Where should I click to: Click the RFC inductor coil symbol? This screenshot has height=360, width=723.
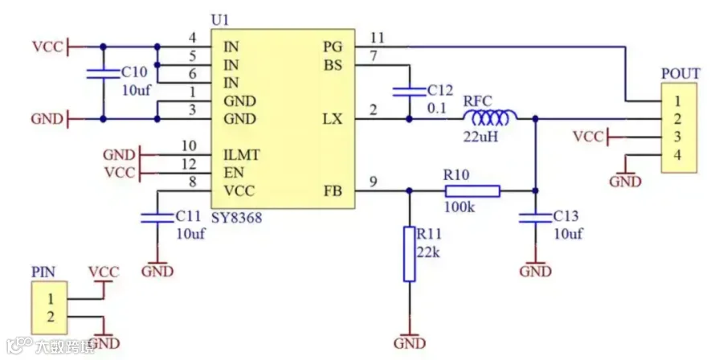(490, 118)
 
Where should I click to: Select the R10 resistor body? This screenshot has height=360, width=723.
(472, 190)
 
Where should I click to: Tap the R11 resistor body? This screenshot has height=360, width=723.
(410, 254)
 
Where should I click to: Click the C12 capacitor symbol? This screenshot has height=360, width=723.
(410, 92)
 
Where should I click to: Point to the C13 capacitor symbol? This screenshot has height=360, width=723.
(535, 218)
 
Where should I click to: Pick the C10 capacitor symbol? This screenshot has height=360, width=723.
(104, 73)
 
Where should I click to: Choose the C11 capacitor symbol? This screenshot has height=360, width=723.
(157, 218)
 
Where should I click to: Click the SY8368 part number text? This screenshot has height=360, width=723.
(236, 217)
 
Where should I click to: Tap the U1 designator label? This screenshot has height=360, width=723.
(219, 21)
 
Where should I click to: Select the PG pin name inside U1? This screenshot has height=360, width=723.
(333, 47)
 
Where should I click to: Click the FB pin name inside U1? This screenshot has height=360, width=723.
(333, 190)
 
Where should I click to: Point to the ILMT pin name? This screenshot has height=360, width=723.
(241, 155)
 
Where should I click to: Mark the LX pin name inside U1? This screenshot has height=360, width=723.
(333, 120)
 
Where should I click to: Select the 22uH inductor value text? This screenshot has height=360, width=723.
(482, 137)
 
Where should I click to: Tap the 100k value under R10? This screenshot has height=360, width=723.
(460, 207)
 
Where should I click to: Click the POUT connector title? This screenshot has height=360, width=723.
(680, 74)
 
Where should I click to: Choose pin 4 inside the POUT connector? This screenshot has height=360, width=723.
(677, 155)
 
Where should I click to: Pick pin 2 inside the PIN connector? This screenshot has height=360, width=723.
(51, 317)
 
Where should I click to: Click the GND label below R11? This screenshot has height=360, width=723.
(410, 343)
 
